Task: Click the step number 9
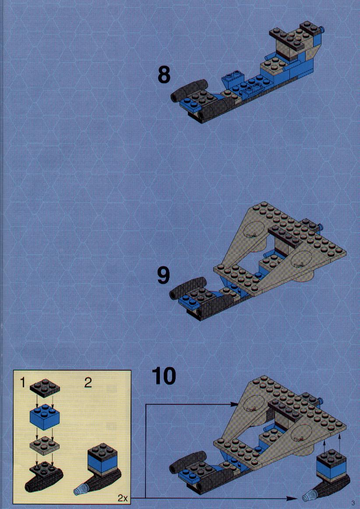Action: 163,276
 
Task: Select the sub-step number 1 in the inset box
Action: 22,383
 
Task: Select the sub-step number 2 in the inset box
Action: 88,383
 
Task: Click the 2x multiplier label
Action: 122,498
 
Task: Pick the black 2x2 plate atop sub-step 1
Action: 45,388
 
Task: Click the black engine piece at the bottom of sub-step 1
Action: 44,477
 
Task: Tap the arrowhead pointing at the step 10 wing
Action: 236,404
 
